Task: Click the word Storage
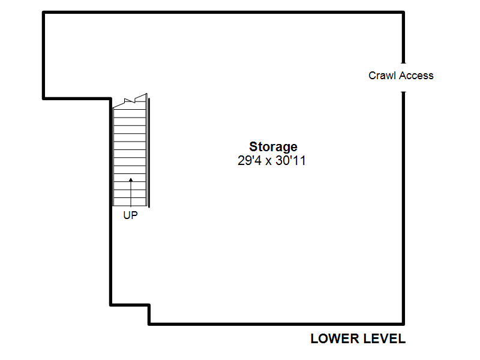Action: tap(273, 147)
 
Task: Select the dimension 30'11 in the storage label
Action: tap(290, 160)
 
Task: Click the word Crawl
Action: tap(382, 76)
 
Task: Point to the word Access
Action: tap(416, 76)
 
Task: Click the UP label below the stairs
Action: tap(130, 215)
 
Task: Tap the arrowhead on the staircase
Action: tap(131, 180)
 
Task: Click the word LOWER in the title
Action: tap(335, 339)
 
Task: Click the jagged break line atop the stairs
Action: tap(130, 101)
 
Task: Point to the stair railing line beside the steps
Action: tap(149, 152)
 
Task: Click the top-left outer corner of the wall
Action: tap(43, 11)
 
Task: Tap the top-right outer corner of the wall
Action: tap(404, 11)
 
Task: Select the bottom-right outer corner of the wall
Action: tap(404, 325)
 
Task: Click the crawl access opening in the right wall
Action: tap(403, 77)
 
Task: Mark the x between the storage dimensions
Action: tap(268, 161)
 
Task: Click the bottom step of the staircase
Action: tap(130, 202)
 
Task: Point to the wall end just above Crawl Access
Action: tap(403, 62)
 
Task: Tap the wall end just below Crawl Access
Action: tap(403, 92)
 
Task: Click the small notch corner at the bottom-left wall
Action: tap(149, 305)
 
